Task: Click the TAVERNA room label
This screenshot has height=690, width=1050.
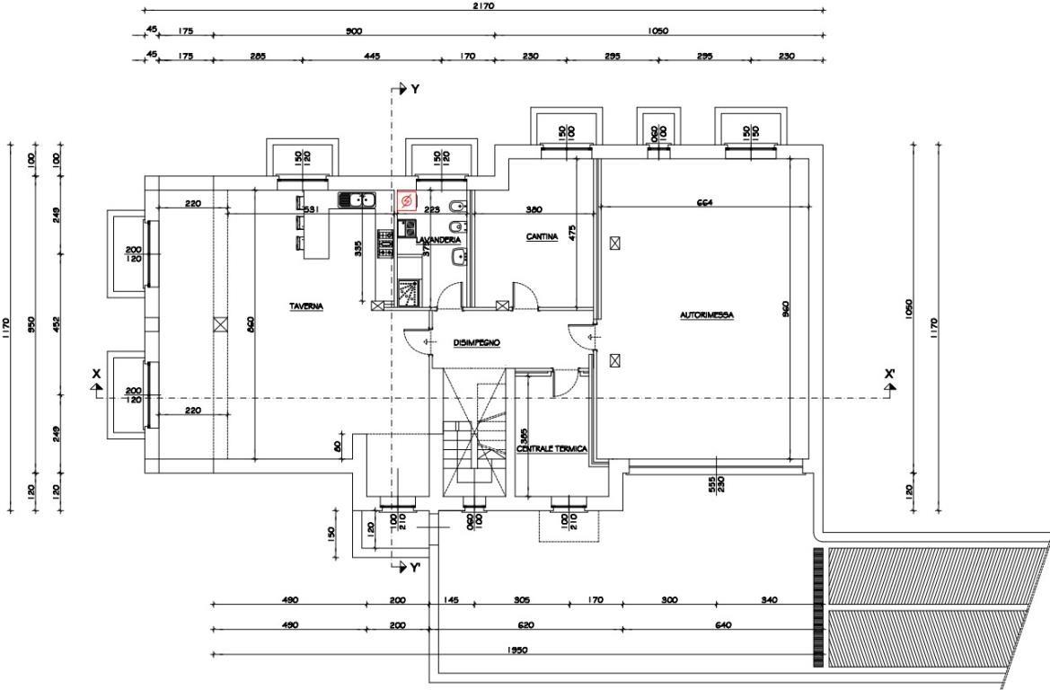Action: click(306, 306)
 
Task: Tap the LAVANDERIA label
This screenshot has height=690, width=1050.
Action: click(438, 240)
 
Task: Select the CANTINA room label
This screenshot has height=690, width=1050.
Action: click(542, 237)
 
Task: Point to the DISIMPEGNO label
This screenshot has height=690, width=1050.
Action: click(476, 342)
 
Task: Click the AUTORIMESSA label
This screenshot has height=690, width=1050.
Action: click(707, 315)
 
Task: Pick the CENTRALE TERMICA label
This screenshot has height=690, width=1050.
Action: click(552, 448)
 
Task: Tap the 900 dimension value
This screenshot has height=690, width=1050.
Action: click(354, 31)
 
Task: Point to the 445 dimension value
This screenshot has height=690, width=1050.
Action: click(372, 56)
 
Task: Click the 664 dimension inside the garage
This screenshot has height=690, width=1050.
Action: click(705, 204)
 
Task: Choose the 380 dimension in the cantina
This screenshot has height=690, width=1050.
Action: click(534, 209)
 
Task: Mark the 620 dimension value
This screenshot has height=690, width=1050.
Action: click(525, 624)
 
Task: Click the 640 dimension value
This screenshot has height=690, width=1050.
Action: click(723, 624)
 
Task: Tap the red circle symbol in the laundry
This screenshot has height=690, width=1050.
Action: click(406, 200)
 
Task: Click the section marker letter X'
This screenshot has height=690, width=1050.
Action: click(889, 374)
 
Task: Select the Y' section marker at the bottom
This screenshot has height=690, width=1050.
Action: click(415, 568)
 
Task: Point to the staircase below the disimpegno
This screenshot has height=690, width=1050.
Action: click(472, 431)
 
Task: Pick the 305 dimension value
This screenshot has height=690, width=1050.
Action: click(521, 599)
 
